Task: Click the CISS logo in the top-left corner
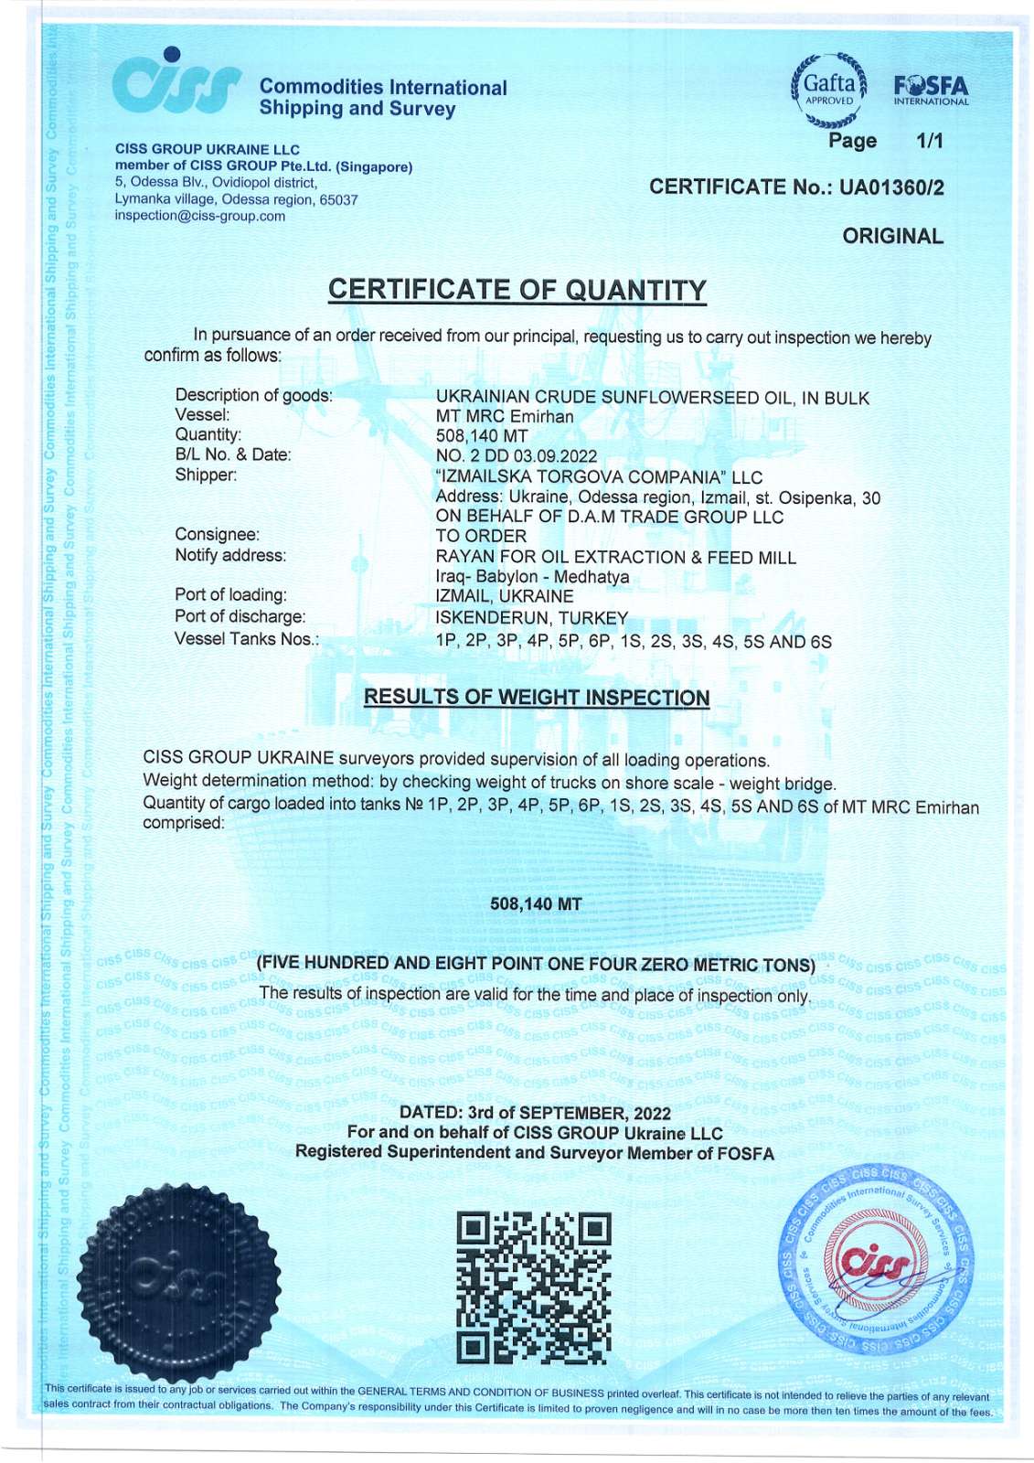[x=176, y=80]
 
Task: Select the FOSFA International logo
[x=931, y=91]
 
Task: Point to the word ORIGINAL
[x=892, y=236]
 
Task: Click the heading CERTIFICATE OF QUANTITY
[x=517, y=290]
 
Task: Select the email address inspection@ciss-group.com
[x=199, y=217]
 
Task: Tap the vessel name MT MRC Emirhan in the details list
[x=505, y=416]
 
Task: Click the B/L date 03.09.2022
[x=555, y=456]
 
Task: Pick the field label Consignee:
[x=217, y=534]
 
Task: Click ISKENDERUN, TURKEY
[x=531, y=618]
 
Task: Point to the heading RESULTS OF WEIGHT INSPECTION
[x=536, y=697]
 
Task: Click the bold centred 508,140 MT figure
[x=536, y=904]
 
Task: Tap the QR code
[x=533, y=1284]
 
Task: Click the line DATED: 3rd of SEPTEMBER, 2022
[x=535, y=1113]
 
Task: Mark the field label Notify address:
[x=229, y=555]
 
